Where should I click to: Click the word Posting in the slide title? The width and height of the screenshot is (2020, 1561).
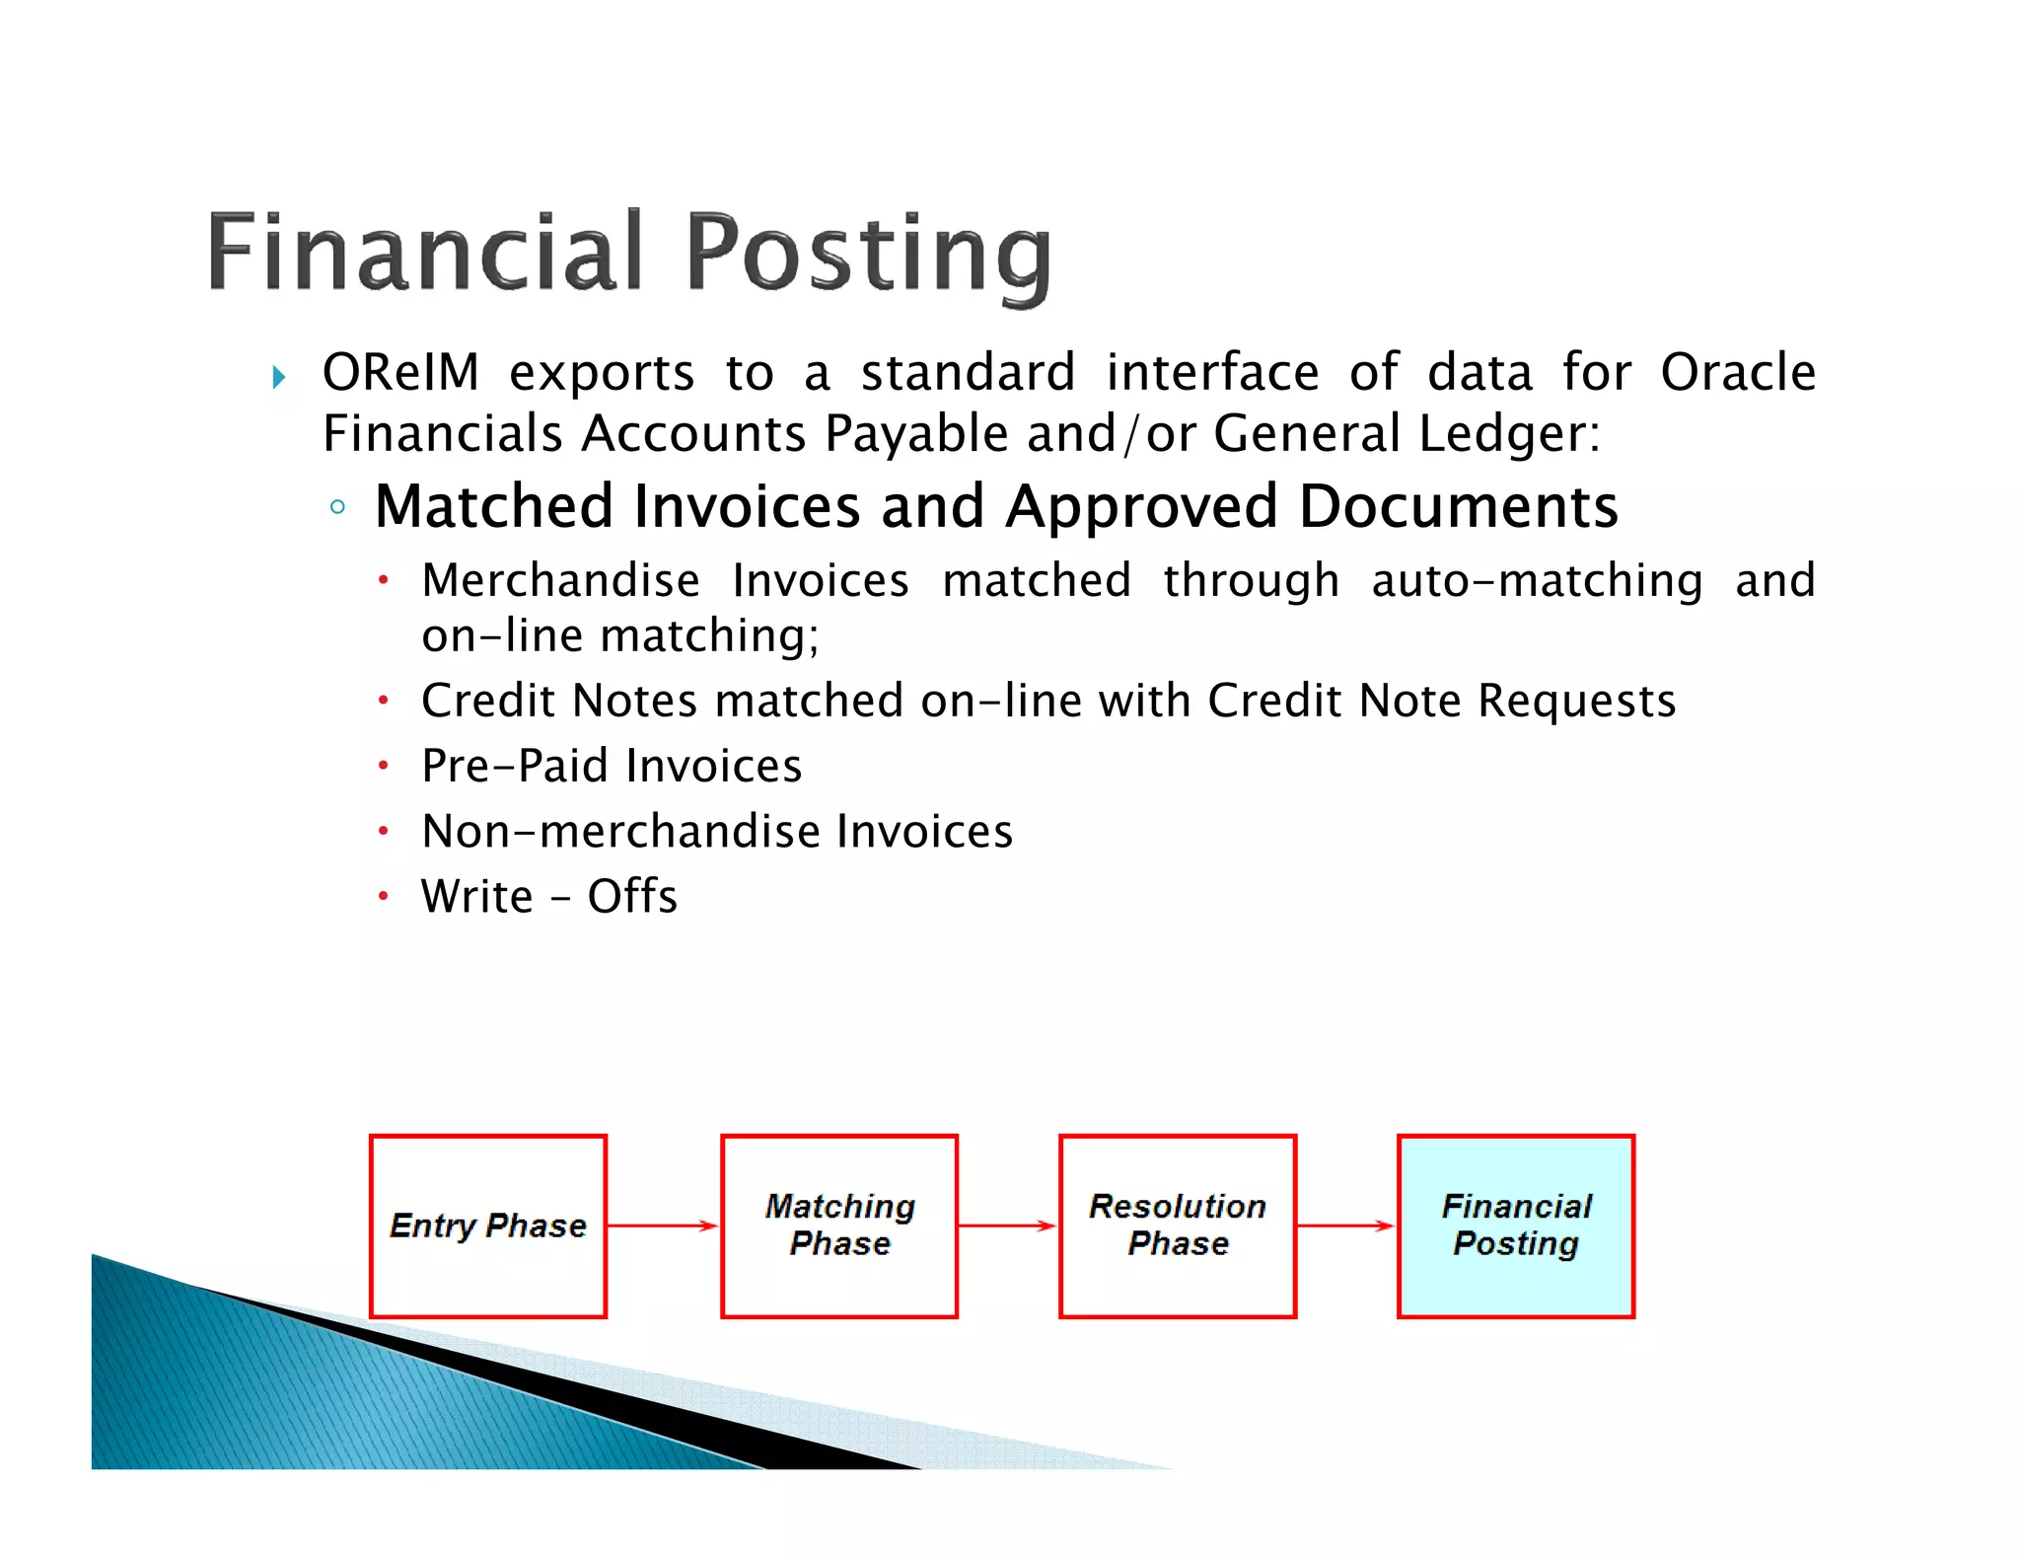(868, 254)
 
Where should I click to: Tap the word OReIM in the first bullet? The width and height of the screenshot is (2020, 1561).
(400, 373)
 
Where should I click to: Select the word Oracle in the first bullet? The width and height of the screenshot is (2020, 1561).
(1737, 373)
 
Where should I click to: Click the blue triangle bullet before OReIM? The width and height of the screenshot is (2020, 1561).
(279, 376)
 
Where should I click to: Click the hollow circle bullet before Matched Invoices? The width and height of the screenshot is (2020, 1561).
(337, 507)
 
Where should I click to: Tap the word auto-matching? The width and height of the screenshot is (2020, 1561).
(1537, 580)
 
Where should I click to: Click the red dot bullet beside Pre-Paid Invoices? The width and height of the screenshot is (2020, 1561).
(383, 766)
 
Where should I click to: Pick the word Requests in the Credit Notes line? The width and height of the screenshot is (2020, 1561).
(1576, 701)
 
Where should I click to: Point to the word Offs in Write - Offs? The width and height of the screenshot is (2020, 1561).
(632, 897)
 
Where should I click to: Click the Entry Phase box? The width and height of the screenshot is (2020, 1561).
(488, 1226)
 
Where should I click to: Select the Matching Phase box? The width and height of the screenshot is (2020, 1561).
(839, 1226)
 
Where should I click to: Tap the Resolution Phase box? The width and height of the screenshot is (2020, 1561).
(1178, 1226)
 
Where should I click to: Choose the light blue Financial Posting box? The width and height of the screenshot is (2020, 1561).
(1516, 1226)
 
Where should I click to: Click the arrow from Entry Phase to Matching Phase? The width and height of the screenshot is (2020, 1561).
(663, 1226)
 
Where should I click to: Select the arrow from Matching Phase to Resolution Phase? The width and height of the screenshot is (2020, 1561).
(1008, 1226)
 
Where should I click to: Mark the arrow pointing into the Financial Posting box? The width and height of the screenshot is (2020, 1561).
(1346, 1226)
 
